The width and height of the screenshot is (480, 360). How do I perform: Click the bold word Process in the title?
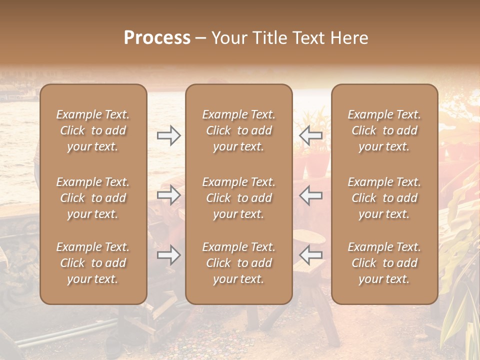coord(157,38)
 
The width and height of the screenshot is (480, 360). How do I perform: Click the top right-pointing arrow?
coord(168,135)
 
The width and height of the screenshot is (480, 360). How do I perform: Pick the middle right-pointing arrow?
coord(168,195)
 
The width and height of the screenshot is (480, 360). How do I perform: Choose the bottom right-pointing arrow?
coord(168,255)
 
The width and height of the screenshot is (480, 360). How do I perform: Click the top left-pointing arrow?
coord(310,135)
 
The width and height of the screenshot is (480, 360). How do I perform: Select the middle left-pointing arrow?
coord(310,195)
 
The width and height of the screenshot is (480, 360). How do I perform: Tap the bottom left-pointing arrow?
coord(310,255)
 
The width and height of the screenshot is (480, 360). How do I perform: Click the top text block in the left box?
coord(93,130)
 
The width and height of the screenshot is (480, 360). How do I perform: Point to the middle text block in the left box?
coord(93,198)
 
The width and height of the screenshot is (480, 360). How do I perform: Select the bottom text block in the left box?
coord(93,263)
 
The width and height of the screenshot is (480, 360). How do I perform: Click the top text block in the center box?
coord(238,130)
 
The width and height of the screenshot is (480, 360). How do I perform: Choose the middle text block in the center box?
coord(238,198)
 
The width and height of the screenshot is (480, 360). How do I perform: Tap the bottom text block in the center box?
coord(238,263)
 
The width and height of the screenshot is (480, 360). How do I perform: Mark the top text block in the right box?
coord(384,130)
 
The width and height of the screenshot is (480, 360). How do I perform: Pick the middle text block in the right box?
coord(384,198)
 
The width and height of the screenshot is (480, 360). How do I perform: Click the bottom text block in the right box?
coord(384,263)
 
